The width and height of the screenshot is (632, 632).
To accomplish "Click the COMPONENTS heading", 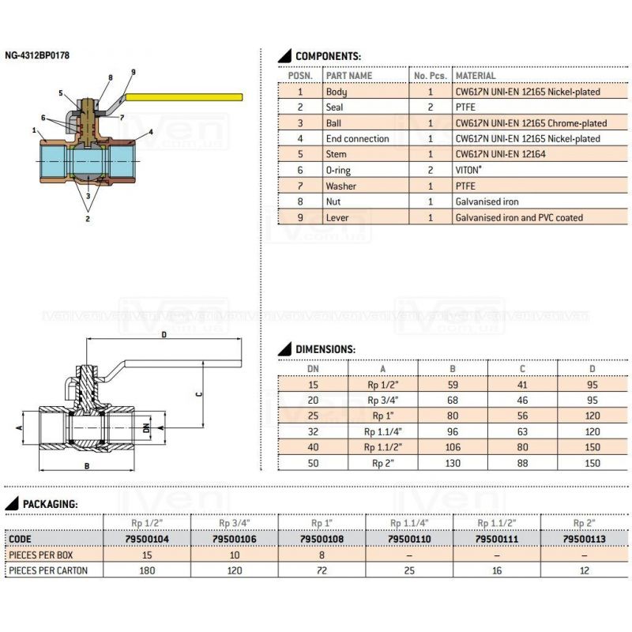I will click(x=328, y=57).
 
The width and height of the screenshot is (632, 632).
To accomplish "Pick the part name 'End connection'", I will click(x=357, y=138).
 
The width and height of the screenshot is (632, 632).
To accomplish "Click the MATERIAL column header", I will click(x=476, y=76).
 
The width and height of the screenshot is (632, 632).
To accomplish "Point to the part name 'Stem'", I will click(x=337, y=154).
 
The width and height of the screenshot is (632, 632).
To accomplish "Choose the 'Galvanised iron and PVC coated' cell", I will click(x=519, y=217).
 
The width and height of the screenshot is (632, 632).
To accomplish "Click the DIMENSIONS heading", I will click(x=325, y=349).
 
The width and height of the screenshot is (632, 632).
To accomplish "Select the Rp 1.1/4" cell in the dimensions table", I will click(x=383, y=432).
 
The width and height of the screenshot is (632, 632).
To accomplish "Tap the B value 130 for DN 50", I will click(x=453, y=464).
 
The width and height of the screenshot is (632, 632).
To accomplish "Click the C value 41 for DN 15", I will click(x=522, y=385).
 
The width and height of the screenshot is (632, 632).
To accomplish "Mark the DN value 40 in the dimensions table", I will click(x=312, y=448).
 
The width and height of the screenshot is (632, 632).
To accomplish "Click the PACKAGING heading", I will click(x=49, y=503).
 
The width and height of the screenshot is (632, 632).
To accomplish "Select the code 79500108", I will click(x=322, y=539).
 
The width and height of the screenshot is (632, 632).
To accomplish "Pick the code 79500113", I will click(x=584, y=539).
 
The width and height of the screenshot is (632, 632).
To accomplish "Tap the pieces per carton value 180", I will click(x=147, y=570).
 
